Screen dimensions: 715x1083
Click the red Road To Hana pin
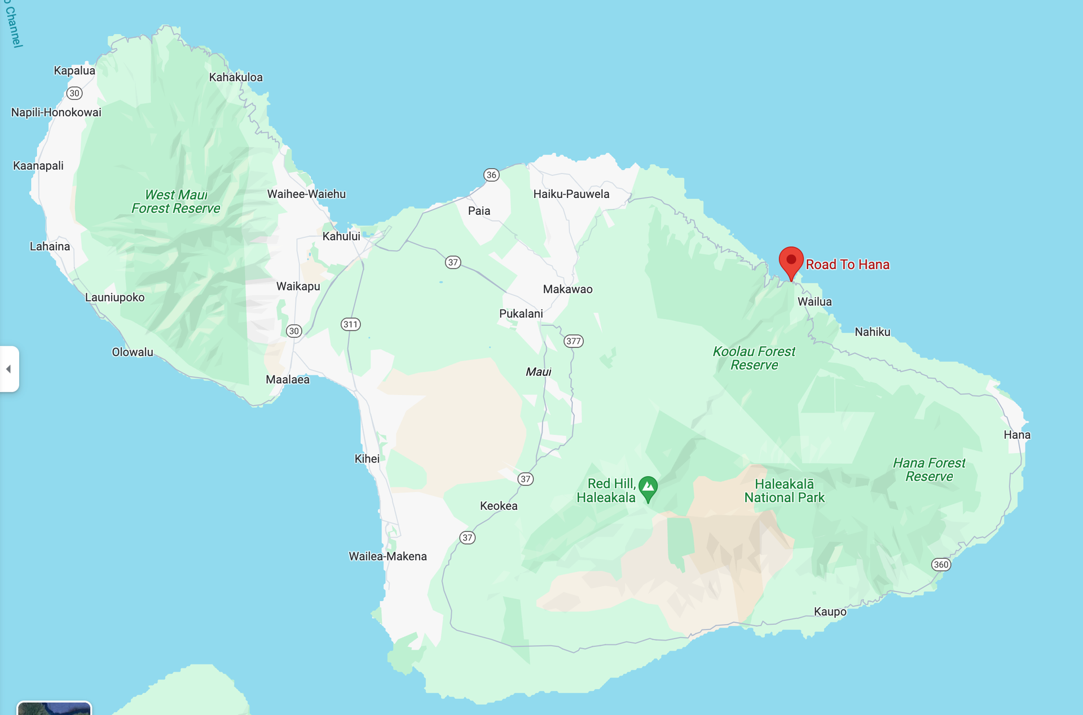click(791, 261)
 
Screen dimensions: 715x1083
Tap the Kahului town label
click(341, 236)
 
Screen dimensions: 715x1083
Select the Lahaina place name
click(50, 246)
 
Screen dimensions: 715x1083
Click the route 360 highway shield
click(941, 564)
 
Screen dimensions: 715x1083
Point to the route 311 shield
click(350, 324)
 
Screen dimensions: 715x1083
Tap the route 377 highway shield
click(573, 341)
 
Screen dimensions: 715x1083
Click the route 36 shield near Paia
click(491, 175)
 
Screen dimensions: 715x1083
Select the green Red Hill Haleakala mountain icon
click(648, 488)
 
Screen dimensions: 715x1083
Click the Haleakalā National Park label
click(784, 491)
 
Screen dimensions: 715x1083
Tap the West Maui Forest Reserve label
click(176, 202)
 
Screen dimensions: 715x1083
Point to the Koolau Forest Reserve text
click(754, 358)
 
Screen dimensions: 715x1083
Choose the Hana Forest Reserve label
click(928, 470)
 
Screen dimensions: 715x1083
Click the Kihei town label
click(367, 459)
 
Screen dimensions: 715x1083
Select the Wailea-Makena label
click(388, 557)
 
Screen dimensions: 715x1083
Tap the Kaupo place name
click(830, 612)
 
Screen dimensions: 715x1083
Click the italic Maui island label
click(538, 372)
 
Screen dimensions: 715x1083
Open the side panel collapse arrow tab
click(9, 369)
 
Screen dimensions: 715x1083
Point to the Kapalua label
click(74, 70)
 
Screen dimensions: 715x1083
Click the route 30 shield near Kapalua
click(74, 93)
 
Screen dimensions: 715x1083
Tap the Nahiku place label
click(872, 332)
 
